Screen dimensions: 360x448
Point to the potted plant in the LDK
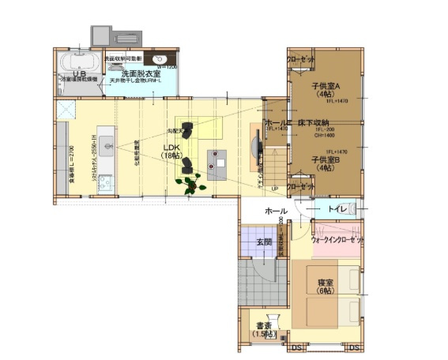tap(191, 184)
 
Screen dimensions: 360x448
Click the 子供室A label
tap(325, 86)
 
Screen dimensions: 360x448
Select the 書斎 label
tap(264, 328)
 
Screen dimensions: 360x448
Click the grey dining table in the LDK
tap(216, 161)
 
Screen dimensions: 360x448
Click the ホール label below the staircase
tap(276, 211)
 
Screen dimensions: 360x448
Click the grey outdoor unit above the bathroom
tap(115, 36)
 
